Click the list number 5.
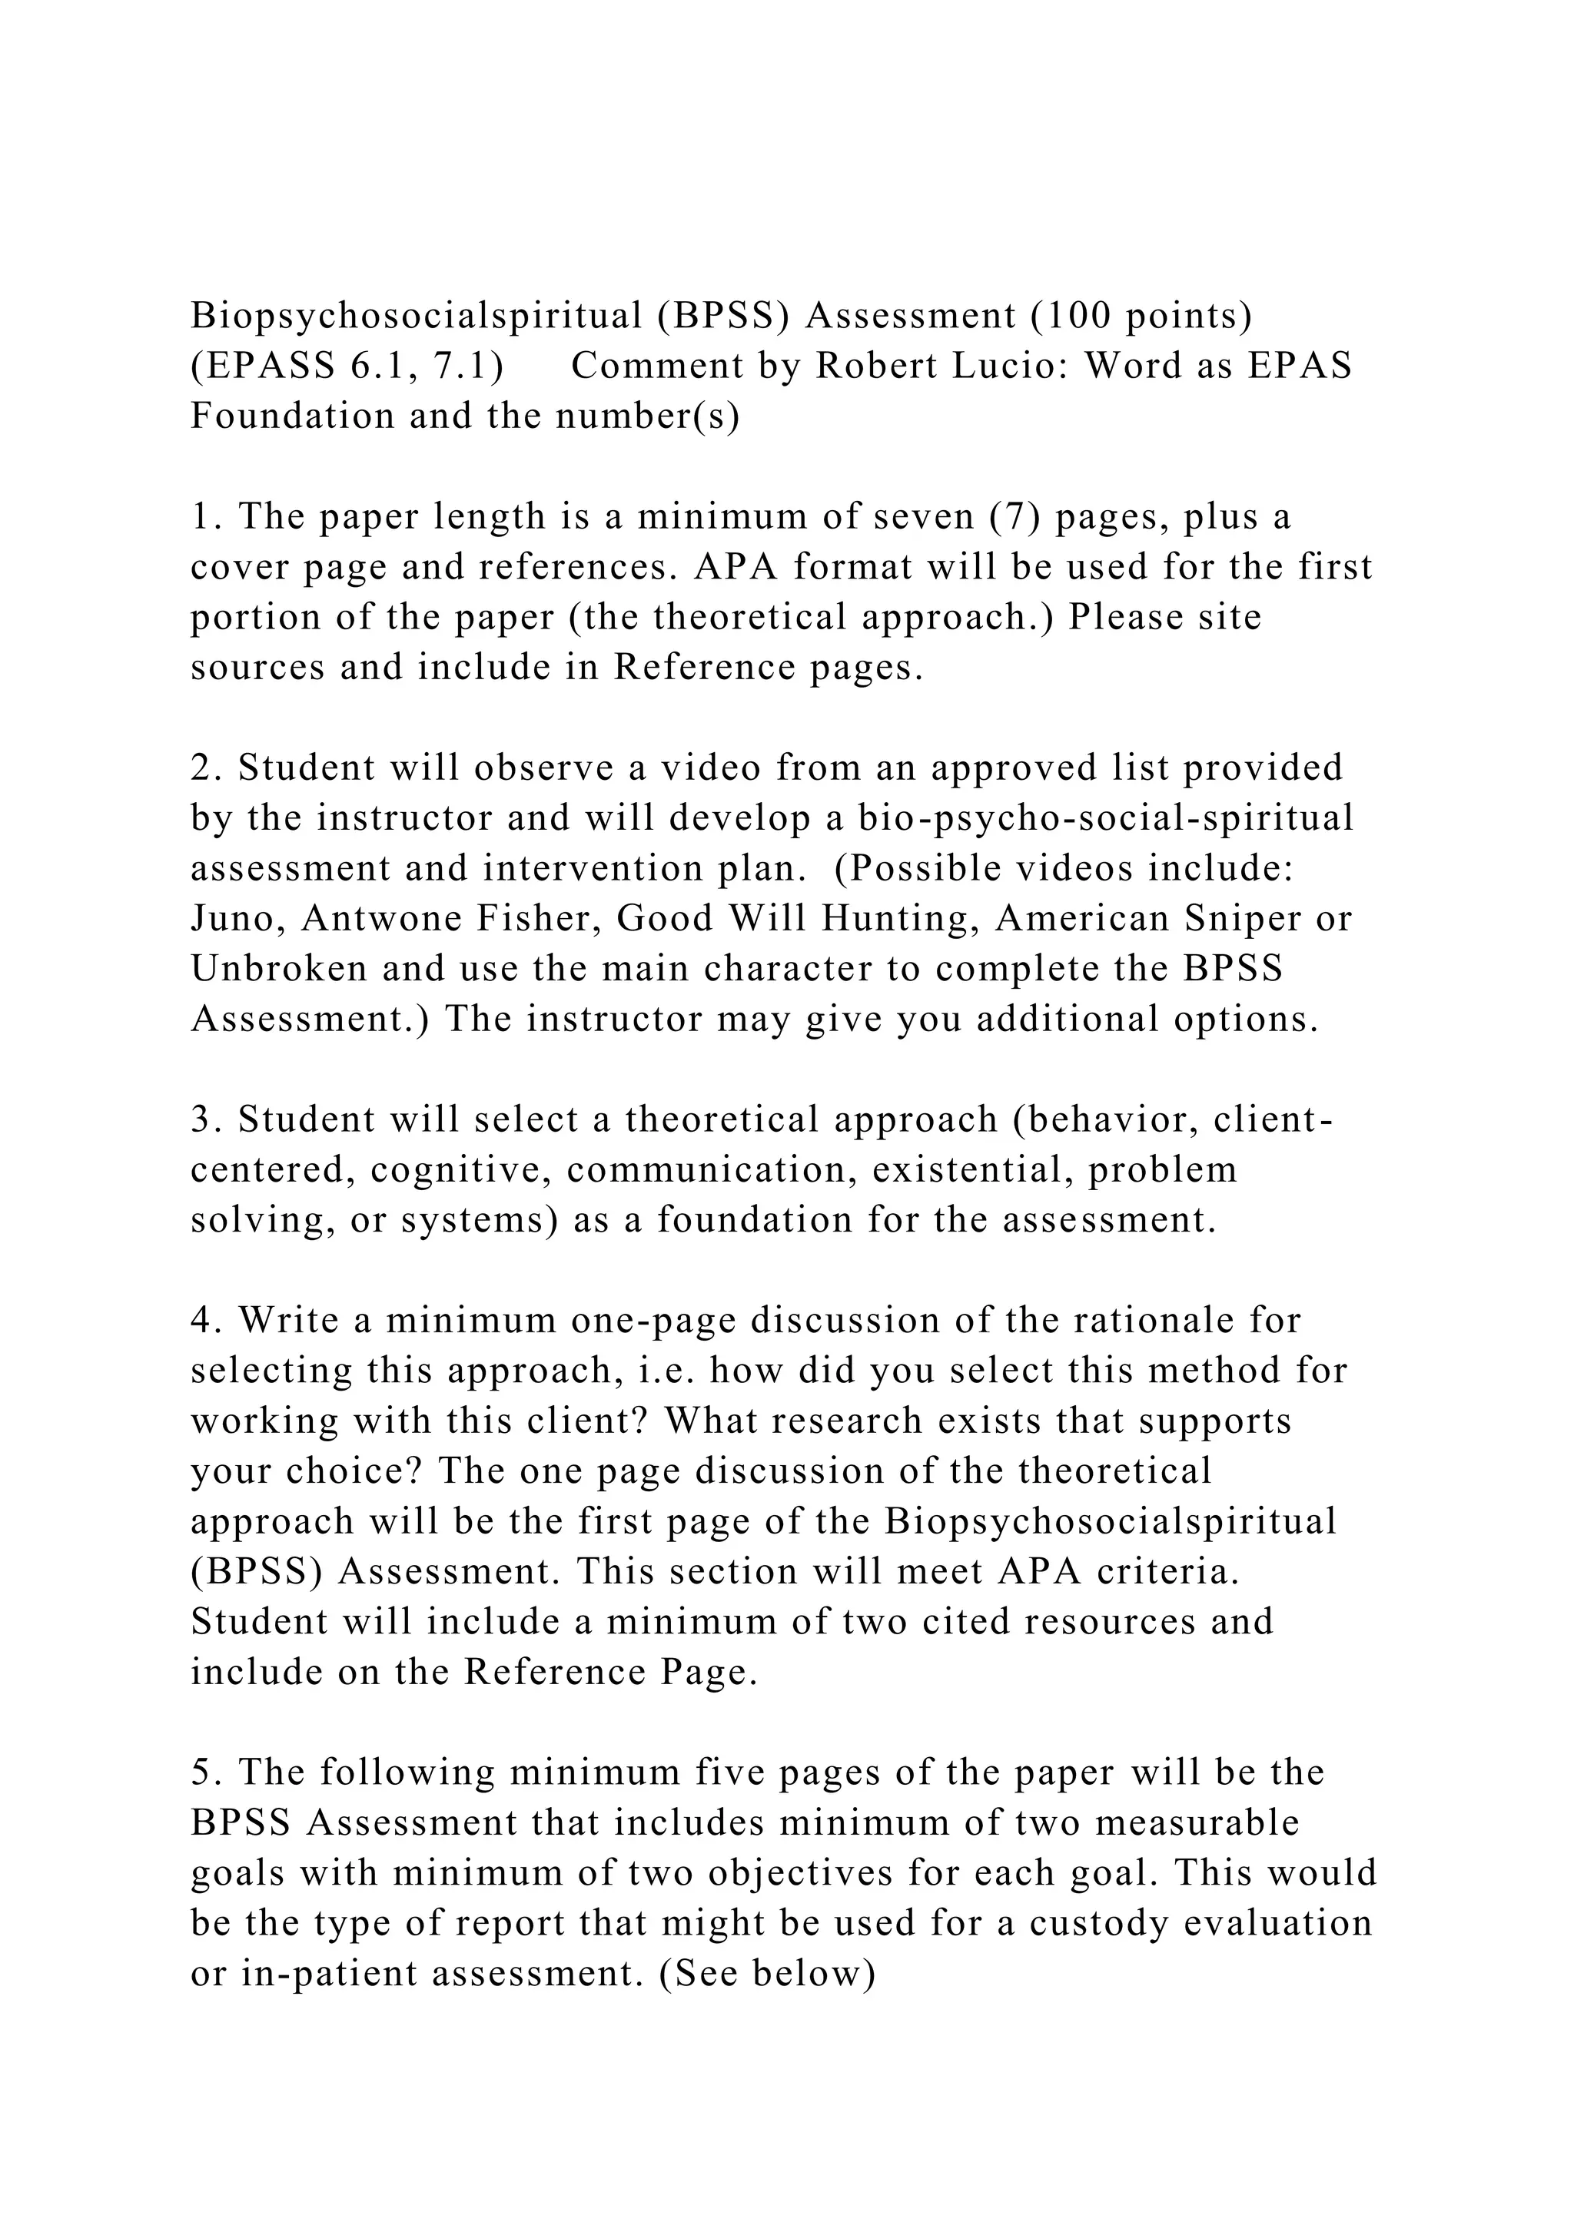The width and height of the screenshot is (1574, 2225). pyautogui.click(x=201, y=1773)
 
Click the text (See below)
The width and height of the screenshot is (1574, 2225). pyautogui.click(x=768, y=1974)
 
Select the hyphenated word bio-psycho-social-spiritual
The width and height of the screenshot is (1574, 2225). pyautogui.click(x=1106, y=819)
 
